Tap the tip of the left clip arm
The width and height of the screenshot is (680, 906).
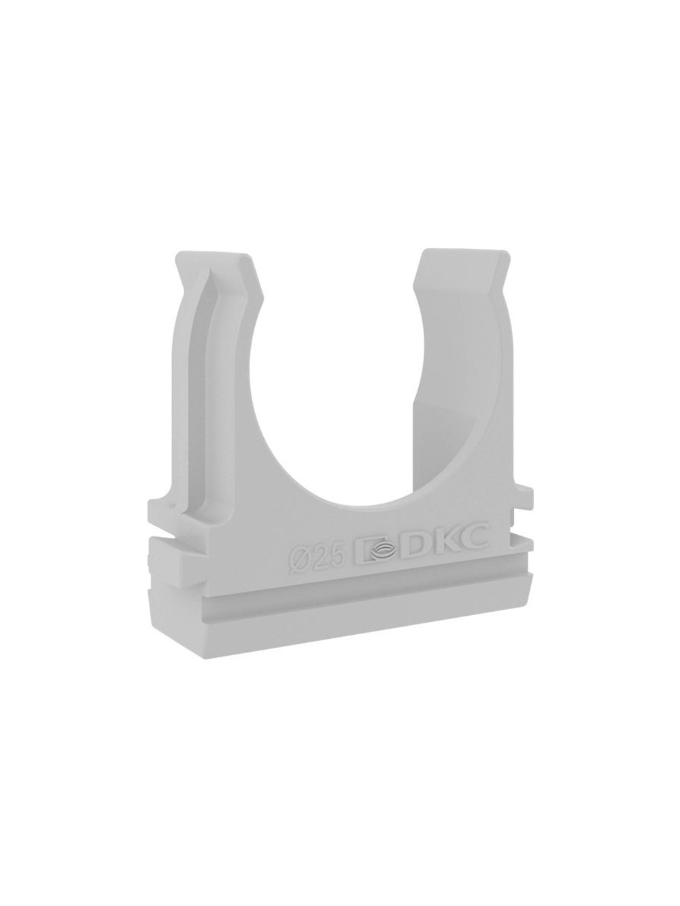(215, 252)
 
